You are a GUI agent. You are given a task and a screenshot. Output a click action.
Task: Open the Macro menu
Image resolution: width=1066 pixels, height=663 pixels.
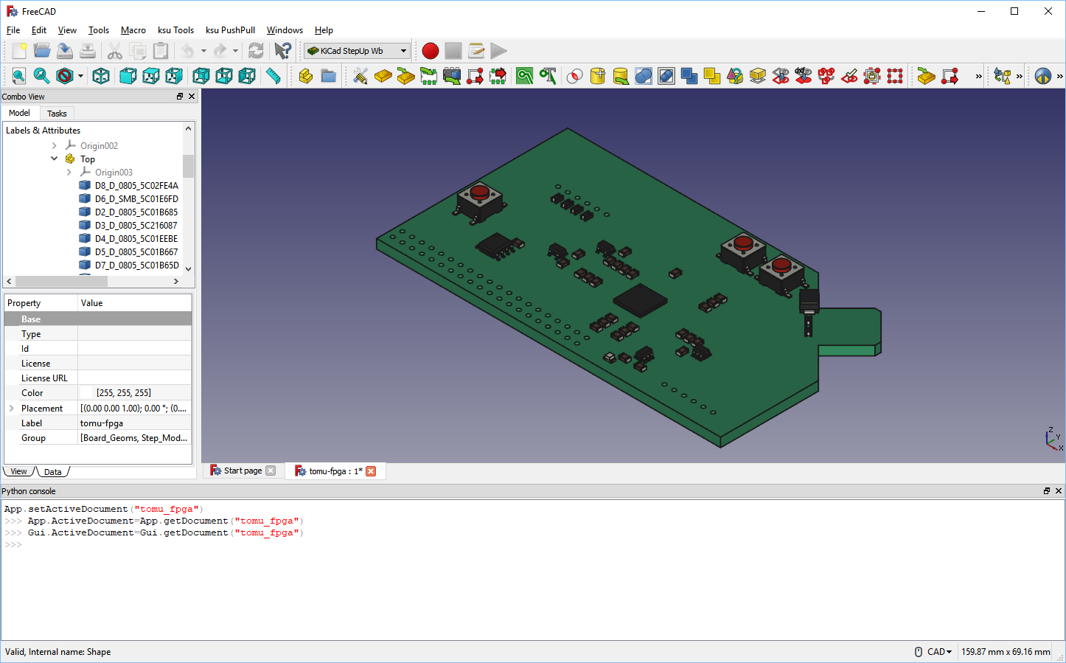click(x=133, y=30)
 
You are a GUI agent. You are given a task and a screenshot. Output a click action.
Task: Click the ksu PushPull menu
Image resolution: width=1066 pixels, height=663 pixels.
click(x=230, y=30)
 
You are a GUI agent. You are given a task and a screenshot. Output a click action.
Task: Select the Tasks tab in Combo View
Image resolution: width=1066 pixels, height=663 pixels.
click(x=57, y=114)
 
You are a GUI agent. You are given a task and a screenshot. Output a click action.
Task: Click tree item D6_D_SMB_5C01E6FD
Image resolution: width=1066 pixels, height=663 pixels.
click(x=136, y=199)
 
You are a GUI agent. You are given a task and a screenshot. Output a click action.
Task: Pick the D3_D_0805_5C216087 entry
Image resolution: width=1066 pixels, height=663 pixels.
click(x=136, y=226)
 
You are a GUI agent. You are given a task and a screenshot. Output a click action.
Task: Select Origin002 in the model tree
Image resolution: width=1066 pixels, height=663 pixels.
click(x=99, y=146)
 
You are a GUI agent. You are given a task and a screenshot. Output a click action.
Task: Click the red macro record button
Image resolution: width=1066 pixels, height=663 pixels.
click(x=431, y=51)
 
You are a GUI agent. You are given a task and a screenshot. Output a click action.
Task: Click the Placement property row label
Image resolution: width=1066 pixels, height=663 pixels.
click(x=42, y=409)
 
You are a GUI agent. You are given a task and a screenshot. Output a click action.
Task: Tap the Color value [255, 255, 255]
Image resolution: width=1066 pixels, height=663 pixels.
click(x=124, y=393)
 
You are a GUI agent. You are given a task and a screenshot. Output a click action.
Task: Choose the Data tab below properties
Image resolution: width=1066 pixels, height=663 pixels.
click(x=53, y=472)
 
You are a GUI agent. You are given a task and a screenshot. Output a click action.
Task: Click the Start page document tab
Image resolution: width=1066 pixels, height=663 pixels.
click(x=243, y=471)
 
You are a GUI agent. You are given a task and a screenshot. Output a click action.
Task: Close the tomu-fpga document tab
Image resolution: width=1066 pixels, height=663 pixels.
click(x=371, y=471)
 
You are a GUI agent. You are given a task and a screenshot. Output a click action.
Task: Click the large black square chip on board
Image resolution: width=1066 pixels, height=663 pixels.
click(x=640, y=300)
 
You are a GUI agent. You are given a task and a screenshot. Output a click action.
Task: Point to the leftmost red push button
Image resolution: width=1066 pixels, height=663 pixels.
click(x=480, y=193)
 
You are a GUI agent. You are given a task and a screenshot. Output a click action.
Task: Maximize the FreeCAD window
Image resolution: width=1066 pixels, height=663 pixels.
click(x=1014, y=11)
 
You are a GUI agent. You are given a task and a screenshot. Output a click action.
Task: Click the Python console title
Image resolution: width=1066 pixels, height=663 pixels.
click(x=29, y=491)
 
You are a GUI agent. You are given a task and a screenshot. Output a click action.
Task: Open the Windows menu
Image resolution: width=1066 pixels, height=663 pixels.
click(x=285, y=30)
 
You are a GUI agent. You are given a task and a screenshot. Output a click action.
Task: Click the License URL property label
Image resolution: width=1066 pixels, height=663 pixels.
click(x=44, y=378)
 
